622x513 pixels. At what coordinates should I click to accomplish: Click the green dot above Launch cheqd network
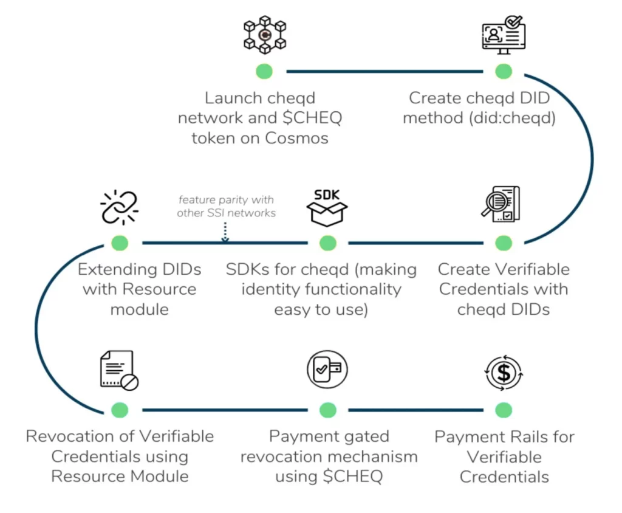click(x=264, y=71)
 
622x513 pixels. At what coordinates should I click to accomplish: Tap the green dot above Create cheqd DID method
click(x=504, y=71)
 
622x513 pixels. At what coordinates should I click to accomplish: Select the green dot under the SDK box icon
click(x=327, y=243)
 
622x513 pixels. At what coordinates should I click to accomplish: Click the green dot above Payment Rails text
click(x=504, y=410)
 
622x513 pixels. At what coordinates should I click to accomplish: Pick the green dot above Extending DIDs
click(x=120, y=243)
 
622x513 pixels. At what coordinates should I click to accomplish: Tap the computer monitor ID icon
click(x=504, y=35)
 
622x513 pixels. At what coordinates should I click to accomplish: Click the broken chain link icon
click(x=120, y=208)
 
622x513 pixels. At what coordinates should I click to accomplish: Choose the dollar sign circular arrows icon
click(x=504, y=373)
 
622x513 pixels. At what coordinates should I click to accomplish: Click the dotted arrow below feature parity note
click(x=225, y=232)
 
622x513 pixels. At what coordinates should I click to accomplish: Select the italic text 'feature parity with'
click(x=225, y=200)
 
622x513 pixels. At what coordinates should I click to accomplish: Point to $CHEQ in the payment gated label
click(x=357, y=477)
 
